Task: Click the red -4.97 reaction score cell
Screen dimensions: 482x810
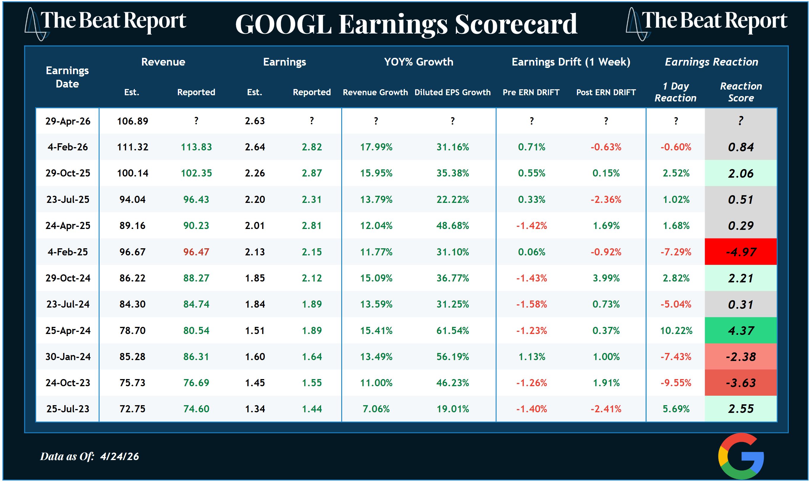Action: point(741,252)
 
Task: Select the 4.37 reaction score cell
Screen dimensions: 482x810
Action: point(741,330)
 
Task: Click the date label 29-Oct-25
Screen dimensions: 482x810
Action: point(68,173)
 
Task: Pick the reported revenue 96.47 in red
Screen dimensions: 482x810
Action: point(196,252)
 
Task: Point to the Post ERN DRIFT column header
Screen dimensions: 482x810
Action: point(605,92)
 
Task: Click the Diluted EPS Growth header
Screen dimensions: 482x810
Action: point(452,92)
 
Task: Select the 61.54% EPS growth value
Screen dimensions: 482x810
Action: point(452,330)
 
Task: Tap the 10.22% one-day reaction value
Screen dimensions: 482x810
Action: point(676,330)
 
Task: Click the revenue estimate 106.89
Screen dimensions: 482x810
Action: point(133,121)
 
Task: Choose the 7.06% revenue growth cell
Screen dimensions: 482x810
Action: point(376,409)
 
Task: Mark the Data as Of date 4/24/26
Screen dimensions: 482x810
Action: point(119,456)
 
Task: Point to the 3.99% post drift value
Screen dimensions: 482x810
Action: point(606,278)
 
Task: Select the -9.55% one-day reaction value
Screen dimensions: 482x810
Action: point(676,383)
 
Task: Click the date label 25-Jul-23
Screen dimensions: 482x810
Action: point(68,409)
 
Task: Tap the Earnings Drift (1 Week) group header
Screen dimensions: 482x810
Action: point(571,62)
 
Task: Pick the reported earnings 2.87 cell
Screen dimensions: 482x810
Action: point(312,173)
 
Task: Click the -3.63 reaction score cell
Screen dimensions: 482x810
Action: point(741,383)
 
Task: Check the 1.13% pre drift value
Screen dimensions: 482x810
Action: point(531,357)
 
